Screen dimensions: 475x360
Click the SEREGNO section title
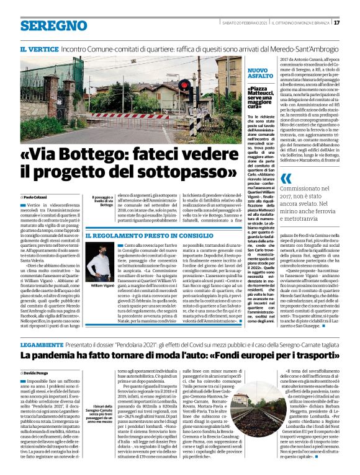(x=53, y=26)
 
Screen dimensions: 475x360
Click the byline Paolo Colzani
(x=35, y=196)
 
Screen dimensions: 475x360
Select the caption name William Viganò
(x=101, y=286)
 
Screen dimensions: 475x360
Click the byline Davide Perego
(x=35, y=371)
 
